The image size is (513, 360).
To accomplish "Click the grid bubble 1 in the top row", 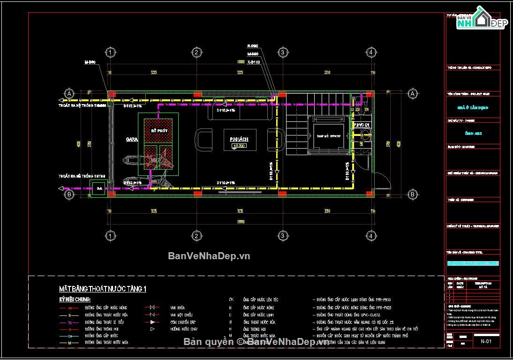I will click(x=110, y=52).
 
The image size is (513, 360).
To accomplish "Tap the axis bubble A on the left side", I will click(x=69, y=93).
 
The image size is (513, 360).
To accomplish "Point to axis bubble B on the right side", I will click(x=412, y=194).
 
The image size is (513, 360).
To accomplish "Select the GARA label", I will click(x=131, y=139).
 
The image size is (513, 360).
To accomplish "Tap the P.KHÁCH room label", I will click(x=239, y=140).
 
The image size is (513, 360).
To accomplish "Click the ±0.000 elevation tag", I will click(x=239, y=146).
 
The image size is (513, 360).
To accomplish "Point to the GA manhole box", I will click(x=99, y=189).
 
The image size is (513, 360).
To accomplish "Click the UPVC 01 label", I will click(x=362, y=125).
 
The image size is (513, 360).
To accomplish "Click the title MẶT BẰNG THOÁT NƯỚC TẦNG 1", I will click(x=102, y=289).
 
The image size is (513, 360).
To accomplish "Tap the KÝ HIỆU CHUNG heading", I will click(x=75, y=299).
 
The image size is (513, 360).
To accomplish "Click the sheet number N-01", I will click(x=486, y=342).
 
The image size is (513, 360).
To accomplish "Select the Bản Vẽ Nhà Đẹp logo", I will click(x=483, y=19).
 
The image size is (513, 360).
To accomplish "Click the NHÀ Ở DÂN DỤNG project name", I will click(x=473, y=107).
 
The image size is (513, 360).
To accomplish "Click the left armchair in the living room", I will click(x=204, y=141).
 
